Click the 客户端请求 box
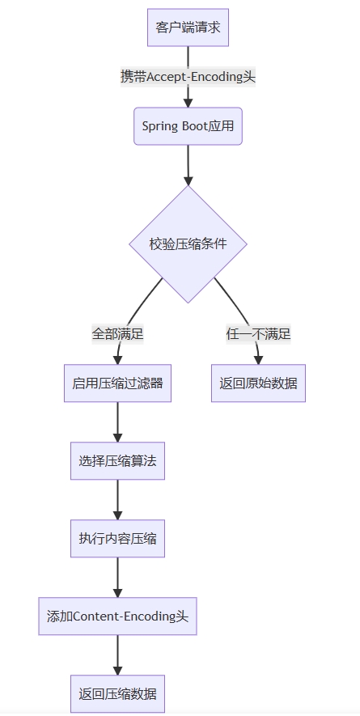click(188, 28)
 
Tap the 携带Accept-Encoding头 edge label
click(188, 76)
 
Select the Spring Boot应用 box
click(188, 126)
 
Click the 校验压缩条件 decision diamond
click(188, 244)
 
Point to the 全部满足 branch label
click(118, 334)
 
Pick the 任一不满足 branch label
click(258, 334)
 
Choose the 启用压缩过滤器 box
click(117, 383)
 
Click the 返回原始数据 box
click(258, 383)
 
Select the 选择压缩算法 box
click(117, 460)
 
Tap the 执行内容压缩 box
click(117, 538)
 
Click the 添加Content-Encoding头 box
click(117, 616)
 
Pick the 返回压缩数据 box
click(117, 693)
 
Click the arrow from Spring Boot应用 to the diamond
click(188, 165)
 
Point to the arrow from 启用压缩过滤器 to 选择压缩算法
click(117, 422)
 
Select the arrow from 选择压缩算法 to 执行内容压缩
click(117, 499)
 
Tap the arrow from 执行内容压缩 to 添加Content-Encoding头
click(117, 577)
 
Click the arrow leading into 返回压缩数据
click(117, 655)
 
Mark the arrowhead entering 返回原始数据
click(258, 360)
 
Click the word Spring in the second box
click(154, 126)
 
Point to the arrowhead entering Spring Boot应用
click(188, 103)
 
